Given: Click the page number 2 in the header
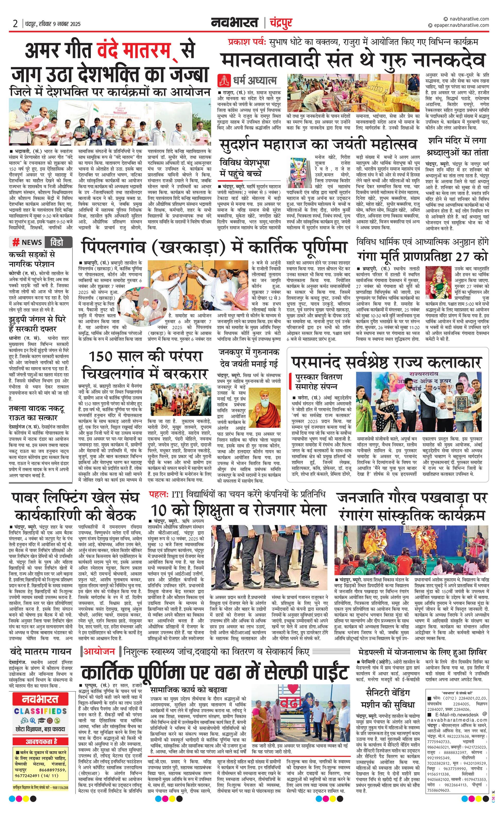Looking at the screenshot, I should coord(15,24).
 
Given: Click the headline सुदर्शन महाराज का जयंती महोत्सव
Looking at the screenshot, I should coord(318,144).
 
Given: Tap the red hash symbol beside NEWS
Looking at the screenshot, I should coord(15,242).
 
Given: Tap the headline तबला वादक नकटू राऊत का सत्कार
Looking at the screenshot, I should coord(37,413).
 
